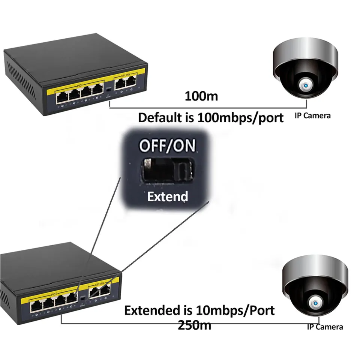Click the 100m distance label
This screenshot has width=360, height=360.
click(x=201, y=96)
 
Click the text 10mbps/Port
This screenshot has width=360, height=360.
click(x=235, y=310)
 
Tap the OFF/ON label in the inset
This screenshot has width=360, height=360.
click(x=167, y=145)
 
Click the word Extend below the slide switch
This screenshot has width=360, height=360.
click(x=167, y=196)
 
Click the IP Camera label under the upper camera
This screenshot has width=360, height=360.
click(x=312, y=115)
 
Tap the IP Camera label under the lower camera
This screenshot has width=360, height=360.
click(x=325, y=327)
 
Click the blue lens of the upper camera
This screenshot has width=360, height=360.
click(x=306, y=86)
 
